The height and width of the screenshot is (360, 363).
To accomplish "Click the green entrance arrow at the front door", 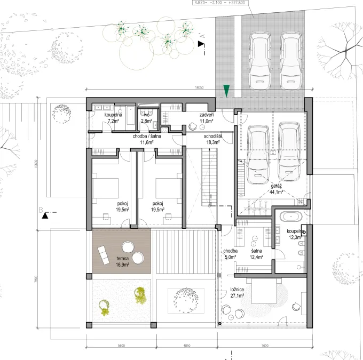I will click(x=227, y=91).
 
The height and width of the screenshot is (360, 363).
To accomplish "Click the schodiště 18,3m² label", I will click(x=212, y=139).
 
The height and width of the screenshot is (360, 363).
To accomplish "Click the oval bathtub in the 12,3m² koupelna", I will click(x=291, y=217).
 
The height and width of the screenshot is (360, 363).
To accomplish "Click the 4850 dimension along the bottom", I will click(x=186, y=346).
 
